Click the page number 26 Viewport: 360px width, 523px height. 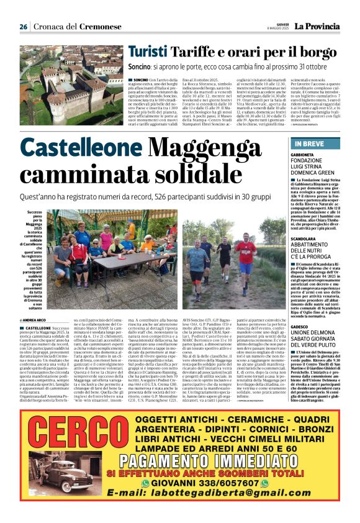pyautogui.click(x=23, y=27)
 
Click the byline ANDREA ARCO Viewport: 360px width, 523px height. pyautogui.click(x=39, y=320)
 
